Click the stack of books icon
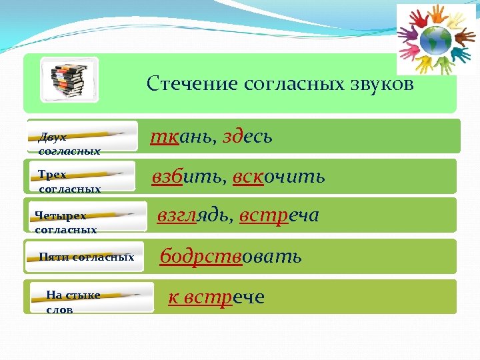pyautogui.click(x=69, y=79)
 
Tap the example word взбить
pyautogui.click(x=188, y=177)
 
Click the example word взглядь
pyautogui.click(x=193, y=216)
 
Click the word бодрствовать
pyautogui.click(x=231, y=257)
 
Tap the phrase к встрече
pyautogui.click(x=216, y=297)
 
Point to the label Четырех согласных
pyautogui.click(x=66, y=223)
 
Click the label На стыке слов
pyautogui.click(x=73, y=302)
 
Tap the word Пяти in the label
pyautogui.click(x=54, y=257)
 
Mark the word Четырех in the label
pyautogui.click(x=61, y=216)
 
